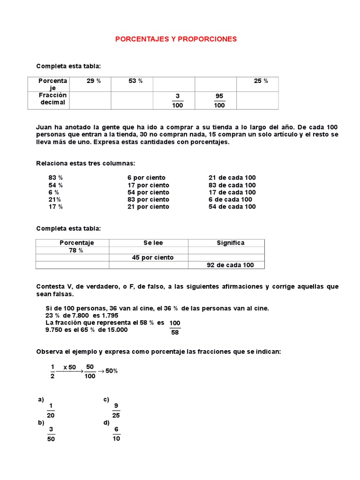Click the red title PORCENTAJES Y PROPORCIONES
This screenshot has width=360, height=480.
(x=176, y=39)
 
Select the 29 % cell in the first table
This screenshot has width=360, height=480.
(x=94, y=81)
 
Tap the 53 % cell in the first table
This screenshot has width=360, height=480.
(x=135, y=81)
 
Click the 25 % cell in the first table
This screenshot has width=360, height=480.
(x=261, y=81)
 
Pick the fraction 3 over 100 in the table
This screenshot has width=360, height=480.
(x=177, y=100)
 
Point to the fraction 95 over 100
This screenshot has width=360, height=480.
(x=219, y=100)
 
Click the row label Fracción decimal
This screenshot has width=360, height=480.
(x=53, y=99)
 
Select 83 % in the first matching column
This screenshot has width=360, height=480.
(x=55, y=178)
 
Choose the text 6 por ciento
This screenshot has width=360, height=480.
(x=146, y=178)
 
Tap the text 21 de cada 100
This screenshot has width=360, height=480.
(x=232, y=178)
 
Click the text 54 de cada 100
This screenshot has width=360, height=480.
(x=232, y=207)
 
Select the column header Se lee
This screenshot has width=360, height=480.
(x=153, y=243)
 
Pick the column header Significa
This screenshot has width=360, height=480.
(x=231, y=243)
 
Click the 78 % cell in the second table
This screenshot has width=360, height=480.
(x=76, y=250)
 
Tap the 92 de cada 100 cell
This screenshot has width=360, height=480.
(x=230, y=265)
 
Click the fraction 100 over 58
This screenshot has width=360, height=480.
(x=175, y=328)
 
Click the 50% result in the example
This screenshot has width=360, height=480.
(x=112, y=371)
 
